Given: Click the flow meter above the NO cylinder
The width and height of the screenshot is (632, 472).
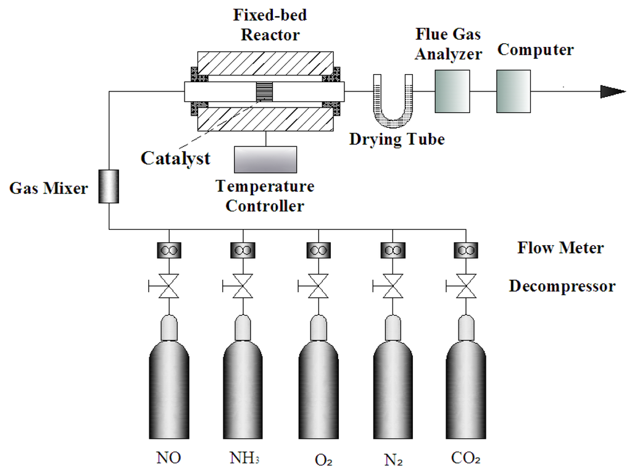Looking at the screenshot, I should click(169, 251).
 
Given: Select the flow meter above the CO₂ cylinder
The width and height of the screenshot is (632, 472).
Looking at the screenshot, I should click(466, 251).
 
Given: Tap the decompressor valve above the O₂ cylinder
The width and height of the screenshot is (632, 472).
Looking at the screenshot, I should click(317, 287).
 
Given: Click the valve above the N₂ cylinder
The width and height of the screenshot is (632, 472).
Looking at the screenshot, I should click(392, 287).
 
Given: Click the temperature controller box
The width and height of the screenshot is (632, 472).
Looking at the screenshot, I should click(265, 159).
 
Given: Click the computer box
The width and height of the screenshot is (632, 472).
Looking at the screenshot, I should click(513, 91).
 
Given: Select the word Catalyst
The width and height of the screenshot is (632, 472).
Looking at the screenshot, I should click(175, 158).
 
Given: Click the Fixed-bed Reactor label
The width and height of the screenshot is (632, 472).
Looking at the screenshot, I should click(270, 25).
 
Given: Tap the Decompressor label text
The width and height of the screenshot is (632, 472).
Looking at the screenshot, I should click(562, 287).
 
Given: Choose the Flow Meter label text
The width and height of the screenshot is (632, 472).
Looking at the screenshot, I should click(560, 248).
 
